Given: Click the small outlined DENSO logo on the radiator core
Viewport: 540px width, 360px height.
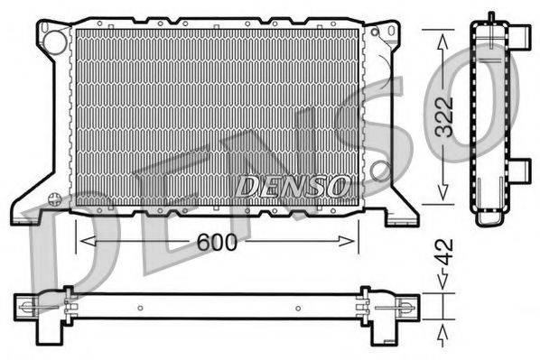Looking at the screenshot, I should [291, 187].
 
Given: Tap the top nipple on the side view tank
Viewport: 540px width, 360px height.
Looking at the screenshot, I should [490, 17].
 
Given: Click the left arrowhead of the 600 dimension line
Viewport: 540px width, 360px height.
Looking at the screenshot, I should [83, 240].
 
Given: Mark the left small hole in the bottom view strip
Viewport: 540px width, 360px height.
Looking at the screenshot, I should [140, 308].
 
